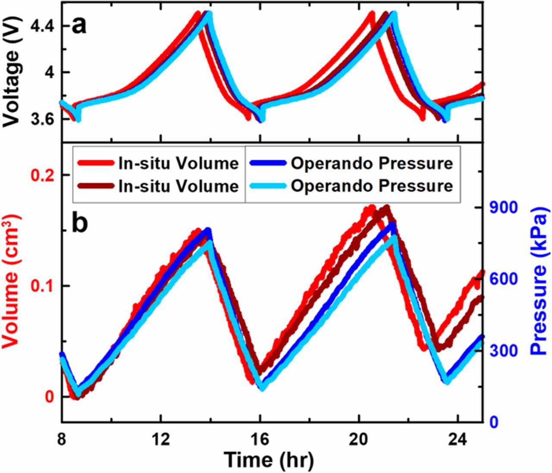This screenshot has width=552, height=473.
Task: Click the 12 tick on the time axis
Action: [x=160, y=440]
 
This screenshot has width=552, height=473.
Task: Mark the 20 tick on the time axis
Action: [x=359, y=440]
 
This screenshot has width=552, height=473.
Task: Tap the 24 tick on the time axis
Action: [x=458, y=440]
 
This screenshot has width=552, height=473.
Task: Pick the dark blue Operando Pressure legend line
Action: [x=266, y=163]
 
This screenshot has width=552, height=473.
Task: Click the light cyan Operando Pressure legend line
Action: [x=266, y=186]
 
